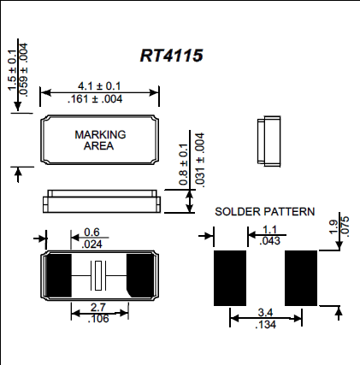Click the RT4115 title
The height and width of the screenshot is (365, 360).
pyautogui.click(x=171, y=54)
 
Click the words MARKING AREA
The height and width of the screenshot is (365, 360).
pyautogui.click(x=100, y=140)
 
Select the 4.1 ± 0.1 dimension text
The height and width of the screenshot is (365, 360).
pyautogui.click(x=100, y=86)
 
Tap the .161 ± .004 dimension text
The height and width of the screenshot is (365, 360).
pyautogui.click(x=100, y=98)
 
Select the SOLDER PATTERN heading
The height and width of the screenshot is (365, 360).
pyautogui.click(x=264, y=211)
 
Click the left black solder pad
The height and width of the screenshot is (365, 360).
pyautogui.click(x=229, y=276)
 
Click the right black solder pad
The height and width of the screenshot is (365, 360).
pyautogui.click(x=301, y=276)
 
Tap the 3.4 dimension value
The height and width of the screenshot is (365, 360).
pyautogui.click(x=265, y=314)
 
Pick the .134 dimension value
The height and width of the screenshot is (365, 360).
pyautogui.click(x=265, y=325)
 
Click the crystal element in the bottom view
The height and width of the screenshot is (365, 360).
pyautogui.click(x=99, y=275)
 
